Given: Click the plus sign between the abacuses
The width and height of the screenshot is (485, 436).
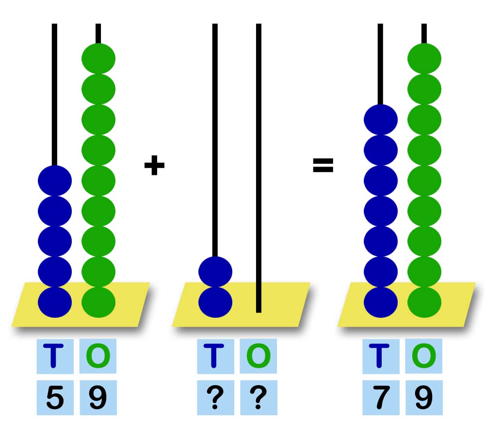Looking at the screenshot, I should [x=154, y=166].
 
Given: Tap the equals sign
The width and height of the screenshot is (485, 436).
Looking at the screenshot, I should [x=323, y=166].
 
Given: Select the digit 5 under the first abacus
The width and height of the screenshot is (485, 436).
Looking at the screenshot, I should [x=55, y=398].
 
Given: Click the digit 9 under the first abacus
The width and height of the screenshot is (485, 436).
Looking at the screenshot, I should [x=98, y=398].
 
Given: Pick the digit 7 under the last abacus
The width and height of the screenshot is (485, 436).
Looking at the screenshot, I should [x=380, y=398].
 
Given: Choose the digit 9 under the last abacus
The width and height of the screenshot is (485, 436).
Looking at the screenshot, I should [x=423, y=398].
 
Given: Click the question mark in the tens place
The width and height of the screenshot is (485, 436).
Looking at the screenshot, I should [x=215, y=398].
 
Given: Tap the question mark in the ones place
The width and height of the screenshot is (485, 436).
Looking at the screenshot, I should [x=258, y=398].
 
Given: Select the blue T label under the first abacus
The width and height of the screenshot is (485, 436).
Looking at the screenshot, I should [x=55, y=356].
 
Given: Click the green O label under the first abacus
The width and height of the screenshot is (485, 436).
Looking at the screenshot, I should [x=98, y=356].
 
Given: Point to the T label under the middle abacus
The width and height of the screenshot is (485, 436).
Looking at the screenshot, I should [x=215, y=356].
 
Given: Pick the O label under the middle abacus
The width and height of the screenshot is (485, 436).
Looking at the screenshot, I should [x=258, y=356].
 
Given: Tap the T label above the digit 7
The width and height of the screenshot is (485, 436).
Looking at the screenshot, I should [x=380, y=356].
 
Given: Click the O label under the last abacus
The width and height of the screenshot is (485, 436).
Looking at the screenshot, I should [x=423, y=356].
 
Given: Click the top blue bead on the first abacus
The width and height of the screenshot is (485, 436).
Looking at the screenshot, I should [x=55, y=180].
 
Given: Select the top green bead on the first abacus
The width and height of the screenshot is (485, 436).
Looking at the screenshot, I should [x=98, y=59].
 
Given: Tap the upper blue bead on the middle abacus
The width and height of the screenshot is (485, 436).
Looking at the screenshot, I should [x=215, y=271].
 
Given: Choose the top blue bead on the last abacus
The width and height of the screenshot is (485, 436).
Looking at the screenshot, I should [x=381, y=120].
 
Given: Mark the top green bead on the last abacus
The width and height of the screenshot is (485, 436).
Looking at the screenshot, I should [x=424, y=59].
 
